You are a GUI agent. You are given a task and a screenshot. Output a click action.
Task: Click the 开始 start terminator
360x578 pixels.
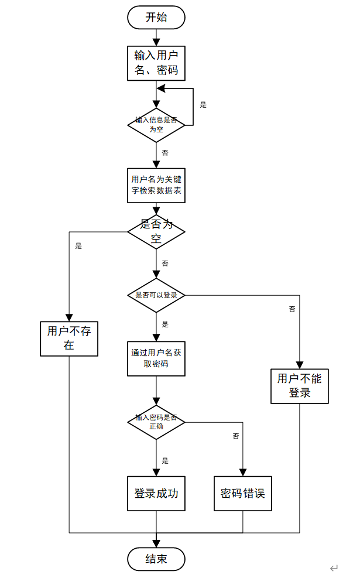click(156, 18)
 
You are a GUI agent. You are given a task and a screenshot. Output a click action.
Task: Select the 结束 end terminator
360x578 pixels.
click(156, 559)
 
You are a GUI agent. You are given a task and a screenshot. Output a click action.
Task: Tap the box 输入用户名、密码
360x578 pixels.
click(156, 63)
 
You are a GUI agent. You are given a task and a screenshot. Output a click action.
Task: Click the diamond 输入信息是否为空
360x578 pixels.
click(156, 125)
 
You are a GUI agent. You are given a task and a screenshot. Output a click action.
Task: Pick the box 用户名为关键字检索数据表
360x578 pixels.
click(156, 186)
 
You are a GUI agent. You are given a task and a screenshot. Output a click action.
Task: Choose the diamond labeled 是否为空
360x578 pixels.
click(156, 232)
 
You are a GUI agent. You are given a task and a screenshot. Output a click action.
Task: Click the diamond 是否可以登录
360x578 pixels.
click(156, 295)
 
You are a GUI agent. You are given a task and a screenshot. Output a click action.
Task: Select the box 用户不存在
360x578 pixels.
click(69, 338)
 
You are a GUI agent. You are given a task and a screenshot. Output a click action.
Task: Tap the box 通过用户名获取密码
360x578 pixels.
click(156, 358)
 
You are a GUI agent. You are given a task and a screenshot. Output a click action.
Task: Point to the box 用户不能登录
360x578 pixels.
click(300, 386)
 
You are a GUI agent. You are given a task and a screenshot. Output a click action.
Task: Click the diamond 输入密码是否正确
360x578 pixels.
click(156, 422)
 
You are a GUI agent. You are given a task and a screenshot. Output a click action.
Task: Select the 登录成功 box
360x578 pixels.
click(156, 493)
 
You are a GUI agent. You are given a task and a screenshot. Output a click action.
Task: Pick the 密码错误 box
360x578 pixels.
click(243, 493)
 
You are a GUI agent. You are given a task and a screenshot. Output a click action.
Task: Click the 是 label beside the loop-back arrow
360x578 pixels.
click(203, 105)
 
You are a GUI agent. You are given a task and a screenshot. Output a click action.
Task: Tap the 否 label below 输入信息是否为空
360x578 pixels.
click(165, 153)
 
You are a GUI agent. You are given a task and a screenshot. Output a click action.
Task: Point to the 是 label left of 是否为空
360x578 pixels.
click(78, 246)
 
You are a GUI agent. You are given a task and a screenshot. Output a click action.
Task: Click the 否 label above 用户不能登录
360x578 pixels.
click(292, 309)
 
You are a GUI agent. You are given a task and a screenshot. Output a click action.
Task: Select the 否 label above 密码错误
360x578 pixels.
click(236, 436)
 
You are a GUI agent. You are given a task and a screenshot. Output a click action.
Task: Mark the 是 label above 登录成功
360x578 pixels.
click(165, 460)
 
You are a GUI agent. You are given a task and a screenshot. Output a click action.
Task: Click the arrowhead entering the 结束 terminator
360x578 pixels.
click(156, 543)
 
